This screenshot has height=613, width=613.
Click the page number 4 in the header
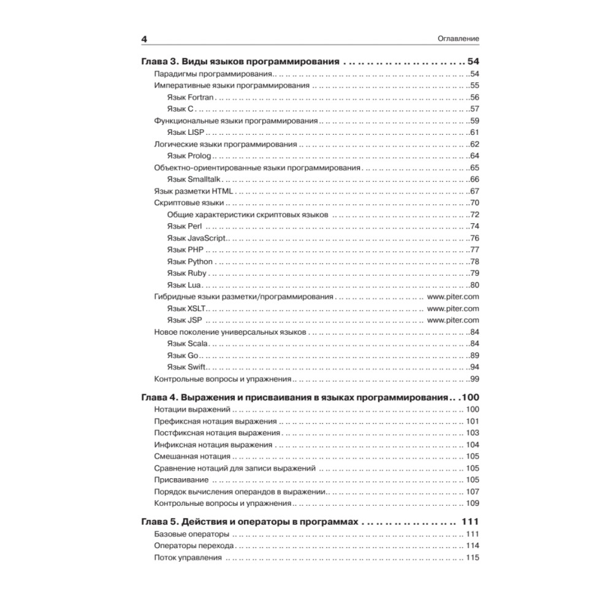(145, 39)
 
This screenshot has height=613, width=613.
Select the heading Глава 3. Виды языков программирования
(240, 62)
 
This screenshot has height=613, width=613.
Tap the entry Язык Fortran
(190, 97)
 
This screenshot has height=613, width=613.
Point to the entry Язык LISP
(185, 133)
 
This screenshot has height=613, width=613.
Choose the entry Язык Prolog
(189, 156)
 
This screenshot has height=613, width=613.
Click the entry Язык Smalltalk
(193, 180)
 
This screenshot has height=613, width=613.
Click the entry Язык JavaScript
(196, 238)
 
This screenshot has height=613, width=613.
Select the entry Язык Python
(190, 262)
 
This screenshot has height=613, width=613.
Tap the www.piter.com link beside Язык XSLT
(453, 308)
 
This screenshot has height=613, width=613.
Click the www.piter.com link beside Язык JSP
(453, 320)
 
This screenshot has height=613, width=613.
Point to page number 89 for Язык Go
(474, 356)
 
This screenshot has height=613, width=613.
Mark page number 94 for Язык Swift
(474, 367)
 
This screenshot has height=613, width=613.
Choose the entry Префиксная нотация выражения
(216, 422)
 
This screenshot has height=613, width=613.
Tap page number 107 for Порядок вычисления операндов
(472, 492)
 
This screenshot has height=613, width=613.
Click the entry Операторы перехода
(194, 546)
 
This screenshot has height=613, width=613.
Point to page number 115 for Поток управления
(472, 558)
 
